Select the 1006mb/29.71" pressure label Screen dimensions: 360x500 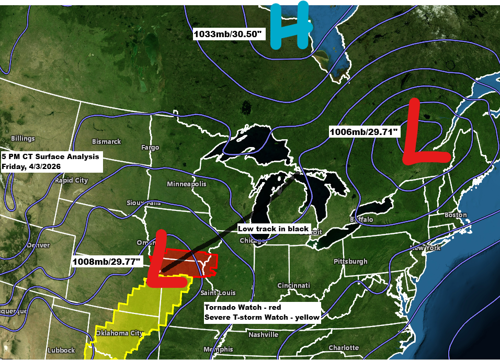pyautogui.click(x=365, y=132)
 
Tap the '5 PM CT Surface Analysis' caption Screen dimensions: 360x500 pyautogui.click(x=50, y=156)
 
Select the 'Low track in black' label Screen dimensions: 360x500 pyautogui.click(x=274, y=229)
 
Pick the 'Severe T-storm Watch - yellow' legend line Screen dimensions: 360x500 pyautogui.click(x=262, y=317)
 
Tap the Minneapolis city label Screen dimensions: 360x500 pyautogui.click(x=187, y=184)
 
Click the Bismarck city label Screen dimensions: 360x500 pyautogui.click(x=106, y=141)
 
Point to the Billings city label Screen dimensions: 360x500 pyautogui.click(x=22, y=139)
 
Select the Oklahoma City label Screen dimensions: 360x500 pyautogui.click(x=119, y=333)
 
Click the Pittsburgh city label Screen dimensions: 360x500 pyautogui.click(x=351, y=261)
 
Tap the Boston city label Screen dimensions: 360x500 pyautogui.click(x=455, y=215)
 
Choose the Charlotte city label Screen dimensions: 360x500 pyautogui.click(x=344, y=347)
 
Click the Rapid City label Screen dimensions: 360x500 pyautogui.click(x=71, y=181)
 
